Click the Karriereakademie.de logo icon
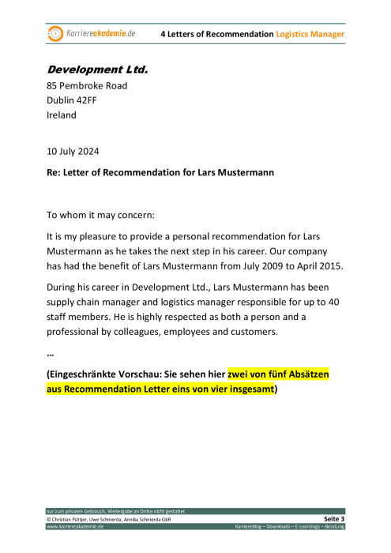tap(55, 33)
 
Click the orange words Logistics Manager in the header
tap(310, 34)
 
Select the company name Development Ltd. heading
tap(97, 70)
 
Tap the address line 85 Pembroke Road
tap(87, 85)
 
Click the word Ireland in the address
tap(62, 115)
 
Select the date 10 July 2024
tap(73, 151)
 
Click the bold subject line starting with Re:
tap(160, 172)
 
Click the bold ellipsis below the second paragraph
tap(51, 353)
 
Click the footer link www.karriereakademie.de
tap(74, 526)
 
